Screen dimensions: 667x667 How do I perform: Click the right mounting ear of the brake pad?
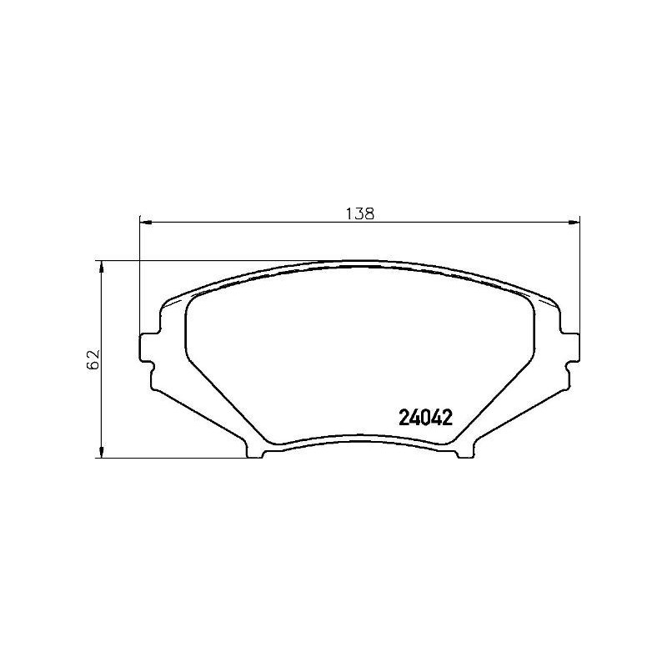click(x=571, y=346)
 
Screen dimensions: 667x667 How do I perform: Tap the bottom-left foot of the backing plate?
click(x=255, y=451)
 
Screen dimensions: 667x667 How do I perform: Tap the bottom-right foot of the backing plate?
click(x=464, y=451)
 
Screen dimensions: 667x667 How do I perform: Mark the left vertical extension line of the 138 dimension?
click(x=139, y=275)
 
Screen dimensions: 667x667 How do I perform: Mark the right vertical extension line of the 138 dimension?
click(x=579, y=275)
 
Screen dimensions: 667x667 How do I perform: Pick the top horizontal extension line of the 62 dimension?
click(x=208, y=261)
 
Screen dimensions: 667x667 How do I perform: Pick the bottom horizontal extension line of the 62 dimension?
click(x=167, y=457)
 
